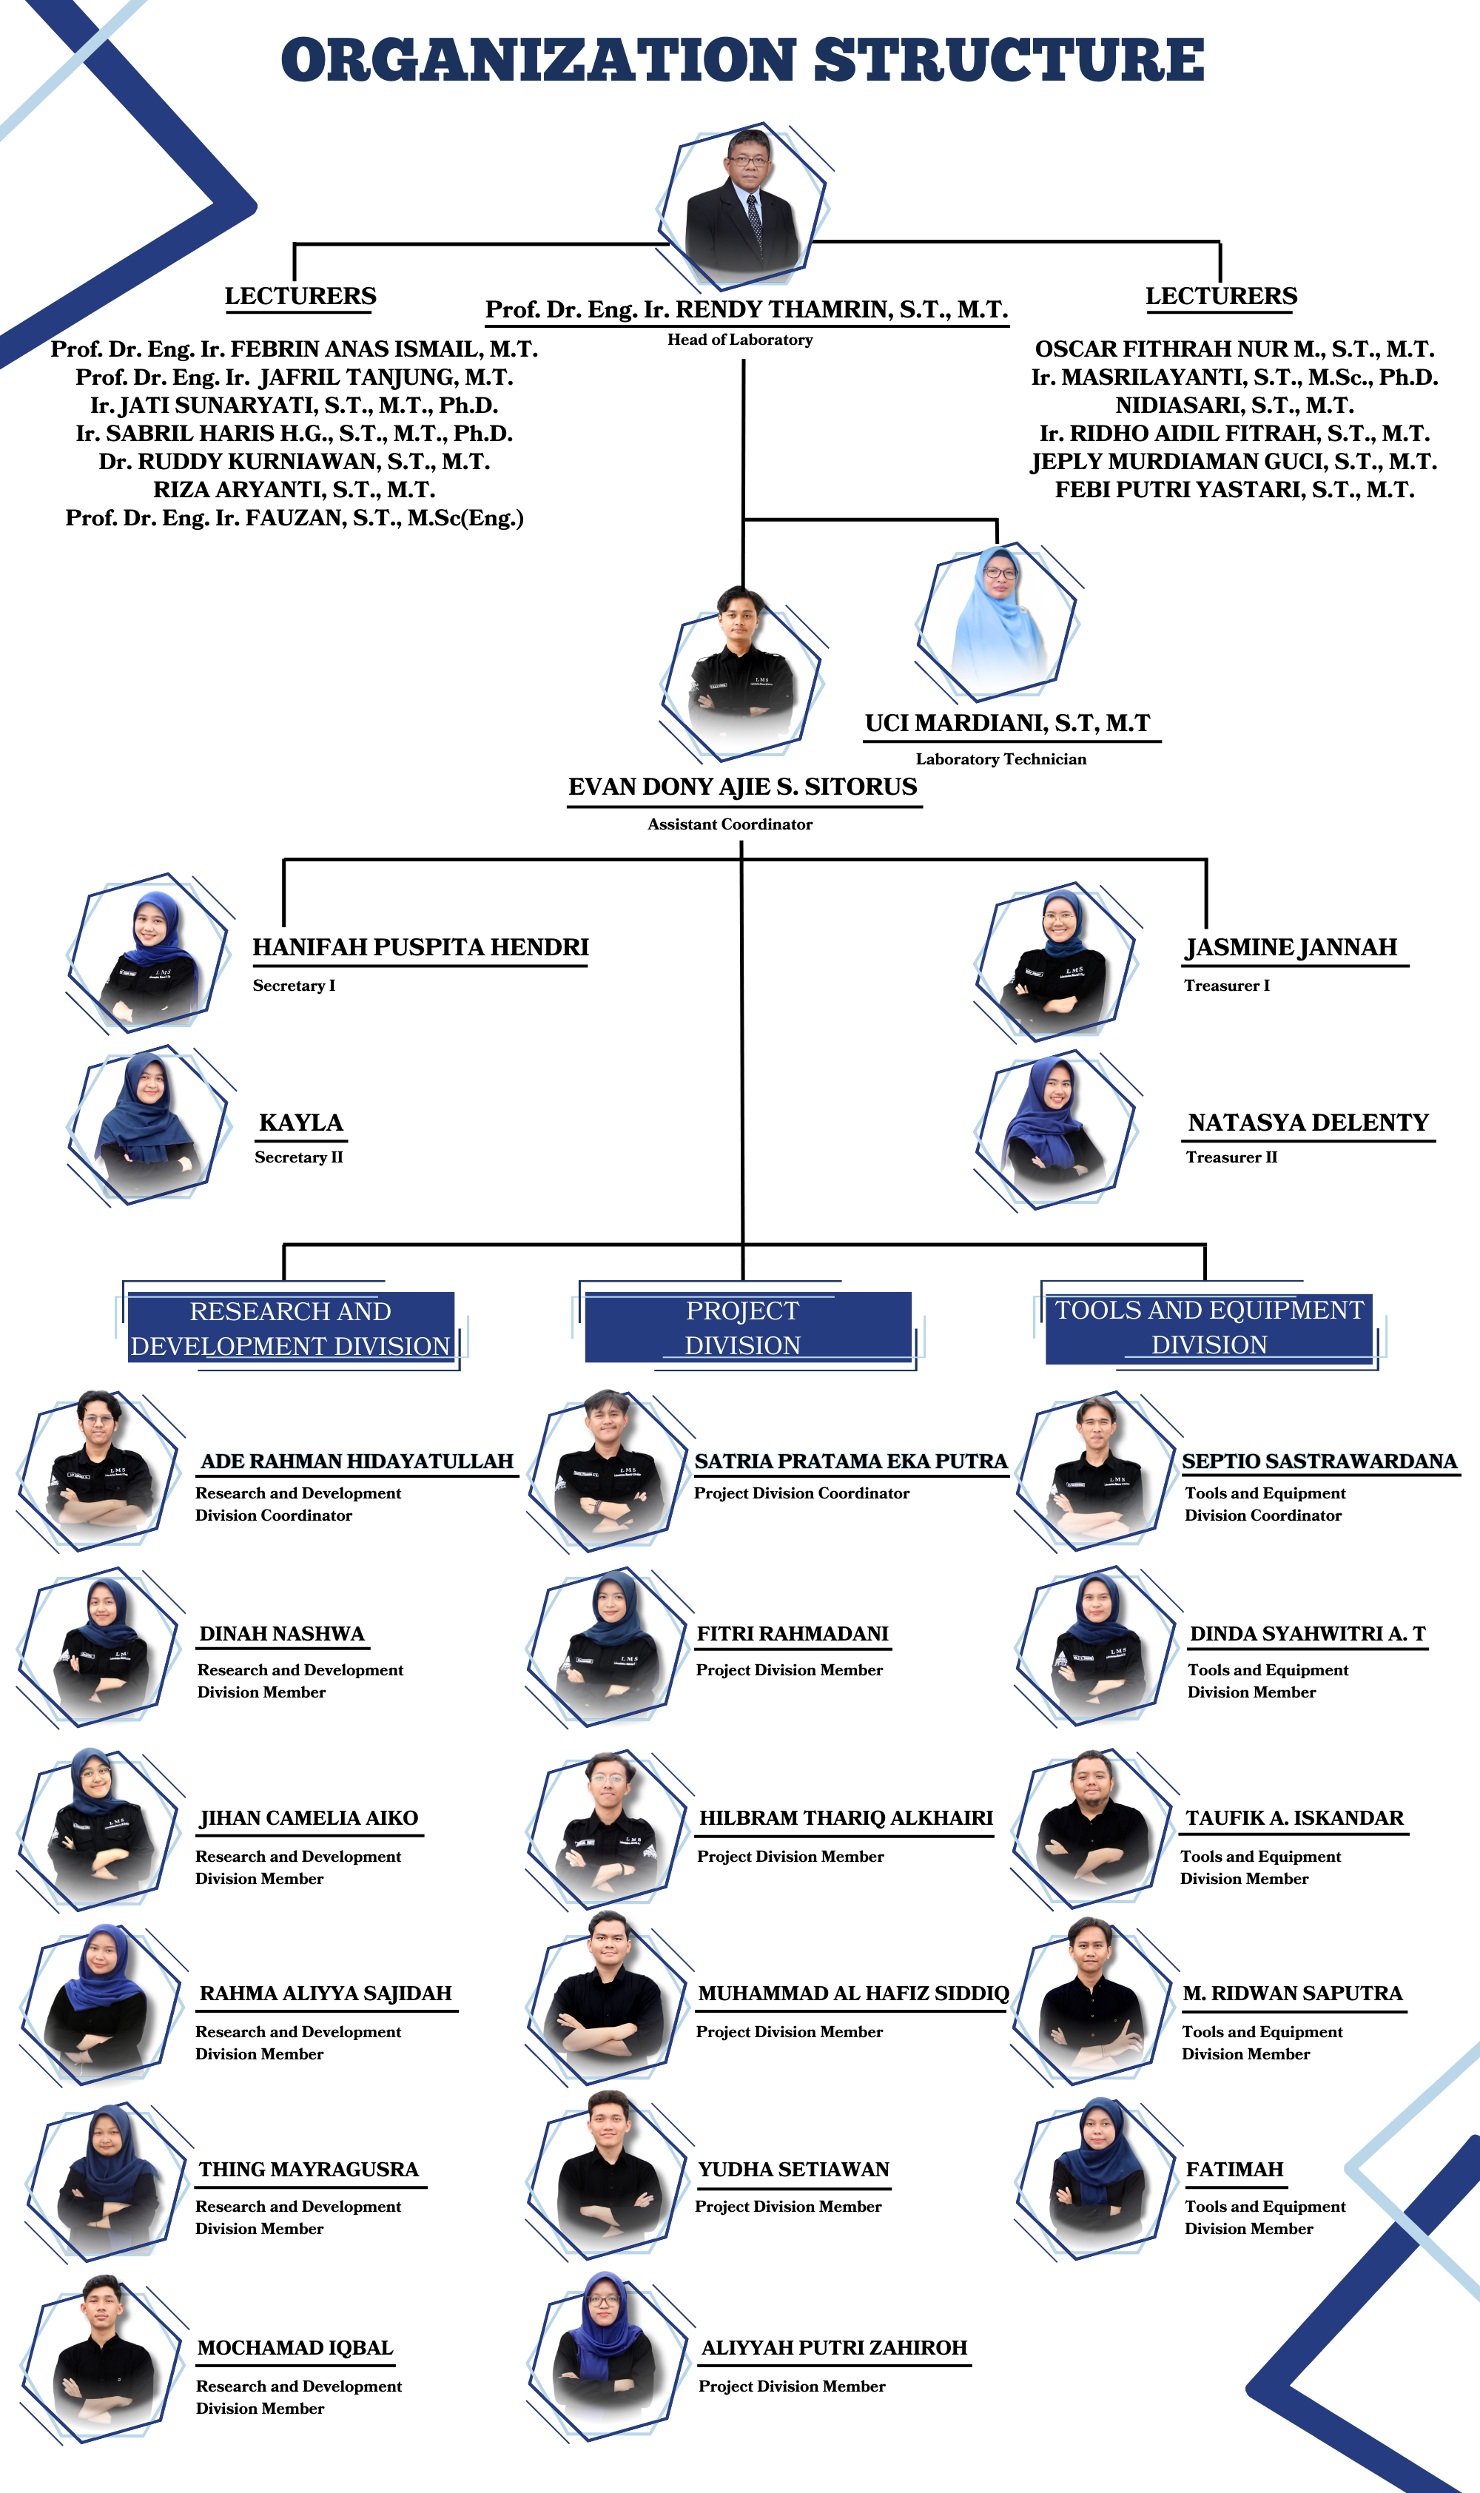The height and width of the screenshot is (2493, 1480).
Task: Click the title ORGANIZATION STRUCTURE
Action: [x=742, y=60]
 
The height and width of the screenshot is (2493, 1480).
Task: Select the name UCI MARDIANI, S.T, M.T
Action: [x=1007, y=723]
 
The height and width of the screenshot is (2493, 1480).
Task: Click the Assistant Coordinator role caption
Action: [x=730, y=824]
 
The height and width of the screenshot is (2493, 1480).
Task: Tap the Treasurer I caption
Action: [x=1227, y=985]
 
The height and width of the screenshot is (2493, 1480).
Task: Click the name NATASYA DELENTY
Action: [x=1308, y=1123]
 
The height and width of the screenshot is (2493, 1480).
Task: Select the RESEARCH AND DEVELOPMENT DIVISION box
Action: [x=290, y=1328]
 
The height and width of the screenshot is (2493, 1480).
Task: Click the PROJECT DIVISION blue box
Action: [x=748, y=1328]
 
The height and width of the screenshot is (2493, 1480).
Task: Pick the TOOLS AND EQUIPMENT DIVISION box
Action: [x=1208, y=1328]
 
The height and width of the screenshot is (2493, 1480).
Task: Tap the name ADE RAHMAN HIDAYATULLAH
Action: [x=357, y=1461]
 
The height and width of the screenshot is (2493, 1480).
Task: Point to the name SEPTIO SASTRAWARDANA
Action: [x=1319, y=1461]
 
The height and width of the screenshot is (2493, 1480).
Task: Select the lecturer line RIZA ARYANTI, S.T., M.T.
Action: [x=295, y=490]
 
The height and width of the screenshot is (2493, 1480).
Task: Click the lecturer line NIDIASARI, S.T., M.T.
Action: [x=1234, y=405]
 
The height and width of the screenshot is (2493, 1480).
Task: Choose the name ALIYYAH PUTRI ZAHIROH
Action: [x=834, y=2347]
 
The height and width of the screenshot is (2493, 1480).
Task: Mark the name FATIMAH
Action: [x=1234, y=2169]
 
